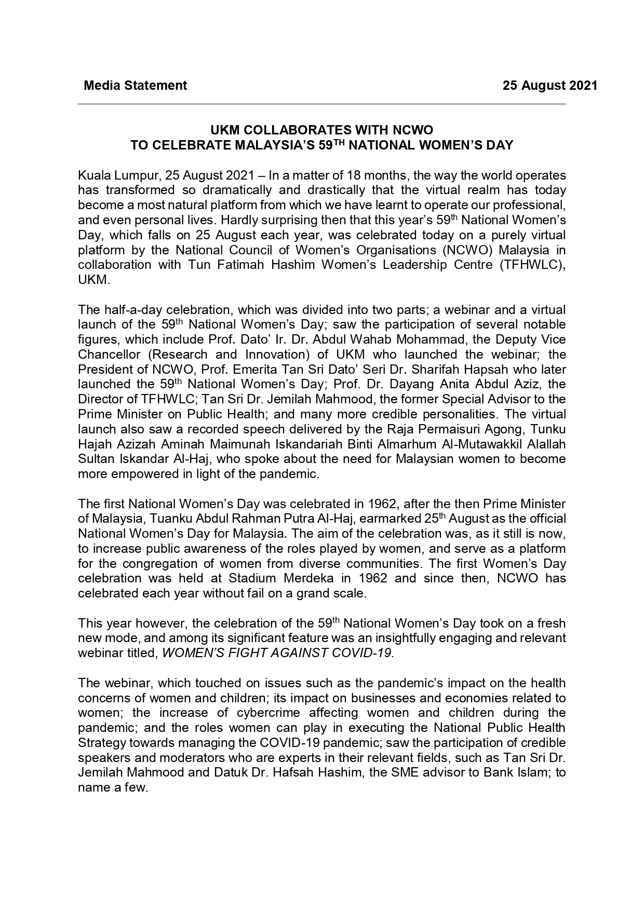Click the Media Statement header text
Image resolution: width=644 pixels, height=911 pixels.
[135, 86]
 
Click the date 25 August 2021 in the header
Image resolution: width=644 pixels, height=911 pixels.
[550, 86]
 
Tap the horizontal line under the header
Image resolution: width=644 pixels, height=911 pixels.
[321, 104]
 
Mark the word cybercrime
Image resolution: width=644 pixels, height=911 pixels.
[266, 713]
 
